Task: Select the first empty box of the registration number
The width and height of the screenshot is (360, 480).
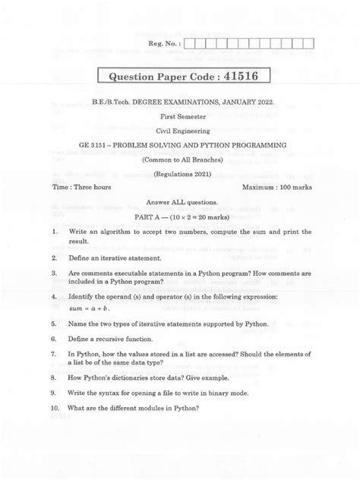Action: click(190, 43)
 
